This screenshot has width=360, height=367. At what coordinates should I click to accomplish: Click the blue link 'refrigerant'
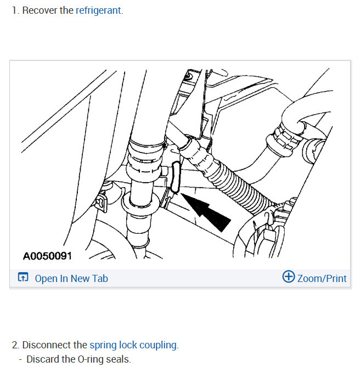(98, 10)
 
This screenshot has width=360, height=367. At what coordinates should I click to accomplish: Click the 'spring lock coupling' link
(133, 345)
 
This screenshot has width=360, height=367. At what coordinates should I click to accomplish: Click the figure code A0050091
(47, 256)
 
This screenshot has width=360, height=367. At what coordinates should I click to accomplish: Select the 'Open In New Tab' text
(71, 278)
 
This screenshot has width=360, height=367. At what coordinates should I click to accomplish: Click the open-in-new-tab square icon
(23, 278)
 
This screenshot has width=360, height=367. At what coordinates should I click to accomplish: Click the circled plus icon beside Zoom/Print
(288, 277)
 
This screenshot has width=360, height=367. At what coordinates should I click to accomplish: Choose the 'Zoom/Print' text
(322, 278)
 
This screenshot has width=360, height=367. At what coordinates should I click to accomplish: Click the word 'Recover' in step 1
(40, 10)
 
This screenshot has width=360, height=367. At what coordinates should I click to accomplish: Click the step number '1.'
(15, 10)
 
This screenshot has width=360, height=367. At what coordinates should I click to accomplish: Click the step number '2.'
(16, 345)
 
